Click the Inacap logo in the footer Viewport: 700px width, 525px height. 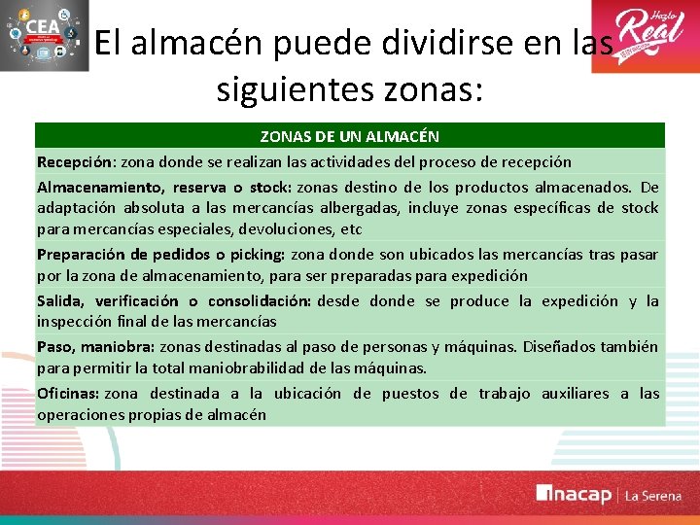pyautogui.click(x=575, y=494)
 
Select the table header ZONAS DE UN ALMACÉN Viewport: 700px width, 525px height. pyautogui.click(x=349, y=136)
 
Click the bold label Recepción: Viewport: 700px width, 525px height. pyautogui.click(x=77, y=161)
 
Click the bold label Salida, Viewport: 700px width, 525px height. pyautogui.click(x=63, y=301)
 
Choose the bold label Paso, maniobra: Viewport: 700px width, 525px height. pyautogui.click(x=96, y=347)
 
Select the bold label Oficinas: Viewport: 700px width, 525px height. pyautogui.click(x=68, y=394)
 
